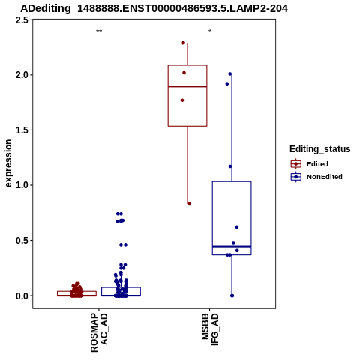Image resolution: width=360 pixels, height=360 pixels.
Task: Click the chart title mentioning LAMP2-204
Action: (154, 8)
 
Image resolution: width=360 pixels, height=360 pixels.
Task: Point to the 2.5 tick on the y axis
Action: (22, 20)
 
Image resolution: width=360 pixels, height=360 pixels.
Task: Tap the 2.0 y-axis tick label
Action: (22, 75)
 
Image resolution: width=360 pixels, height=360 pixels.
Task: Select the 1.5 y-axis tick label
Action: (22, 130)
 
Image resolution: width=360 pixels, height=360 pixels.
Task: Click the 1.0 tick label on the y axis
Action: (22, 185)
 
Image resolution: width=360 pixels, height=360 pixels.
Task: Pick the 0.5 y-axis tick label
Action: (22, 241)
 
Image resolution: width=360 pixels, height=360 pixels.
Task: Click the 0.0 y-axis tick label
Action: (22, 295)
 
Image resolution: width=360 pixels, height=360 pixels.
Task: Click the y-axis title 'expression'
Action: (8, 163)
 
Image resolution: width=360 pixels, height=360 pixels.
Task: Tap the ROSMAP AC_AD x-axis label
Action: (99, 333)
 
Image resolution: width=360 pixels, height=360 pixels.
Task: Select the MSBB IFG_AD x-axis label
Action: (210, 329)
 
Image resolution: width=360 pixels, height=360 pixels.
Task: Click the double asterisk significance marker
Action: (99, 31)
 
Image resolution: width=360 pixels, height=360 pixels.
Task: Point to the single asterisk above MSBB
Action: (210, 31)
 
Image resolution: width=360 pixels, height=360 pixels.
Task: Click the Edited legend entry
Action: (309, 164)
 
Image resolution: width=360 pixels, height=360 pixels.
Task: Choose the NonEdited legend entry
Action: (316, 177)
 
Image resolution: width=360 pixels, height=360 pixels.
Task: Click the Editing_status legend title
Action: (320, 149)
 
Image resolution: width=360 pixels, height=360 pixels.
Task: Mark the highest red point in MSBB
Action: (183, 43)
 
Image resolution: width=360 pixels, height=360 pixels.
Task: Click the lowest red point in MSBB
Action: (190, 204)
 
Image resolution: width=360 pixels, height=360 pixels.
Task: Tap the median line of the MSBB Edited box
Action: (187, 86)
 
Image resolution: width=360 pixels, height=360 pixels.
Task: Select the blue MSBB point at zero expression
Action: (232, 295)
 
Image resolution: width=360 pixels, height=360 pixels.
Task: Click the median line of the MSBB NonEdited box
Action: (232, 247)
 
